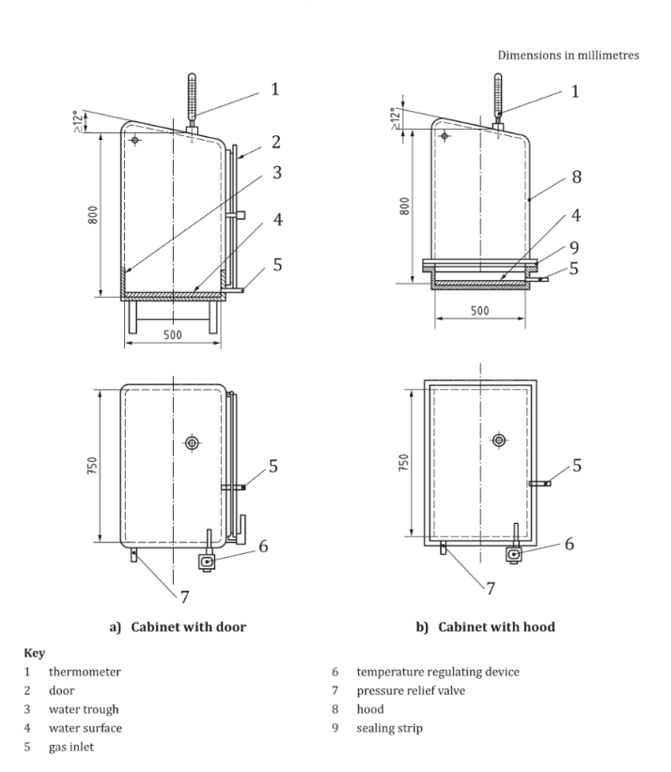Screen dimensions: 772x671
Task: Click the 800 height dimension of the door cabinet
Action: click(x=90, y=212)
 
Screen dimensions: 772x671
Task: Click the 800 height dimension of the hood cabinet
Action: click(x=403, y=206)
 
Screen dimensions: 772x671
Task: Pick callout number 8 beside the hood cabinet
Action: click(x=575, y=175)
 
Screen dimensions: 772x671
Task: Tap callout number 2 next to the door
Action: click(x=277, y=143)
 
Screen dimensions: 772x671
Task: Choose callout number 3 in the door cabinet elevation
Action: click(x=277, y=173)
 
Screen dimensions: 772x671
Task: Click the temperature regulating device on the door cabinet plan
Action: click(x=208, y=562)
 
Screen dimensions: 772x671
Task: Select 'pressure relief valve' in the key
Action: click(x=405, y=689)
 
